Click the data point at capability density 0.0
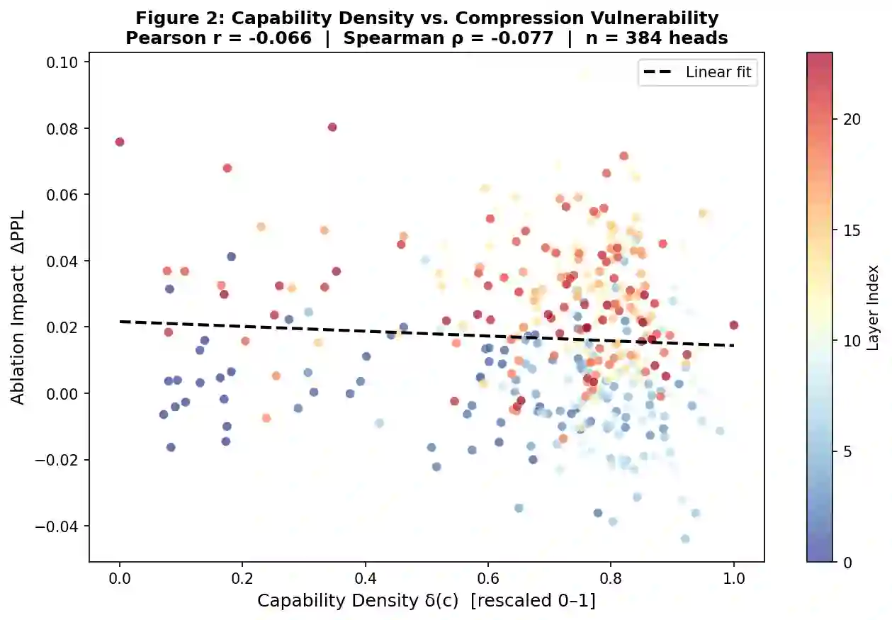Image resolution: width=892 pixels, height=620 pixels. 120,142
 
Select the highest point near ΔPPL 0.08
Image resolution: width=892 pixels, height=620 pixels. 332,128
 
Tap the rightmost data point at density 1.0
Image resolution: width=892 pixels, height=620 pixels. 733,325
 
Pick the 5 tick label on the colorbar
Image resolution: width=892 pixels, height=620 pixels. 848,451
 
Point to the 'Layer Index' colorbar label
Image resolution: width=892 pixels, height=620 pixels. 874,308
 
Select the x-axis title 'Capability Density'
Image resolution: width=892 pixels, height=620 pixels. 426,601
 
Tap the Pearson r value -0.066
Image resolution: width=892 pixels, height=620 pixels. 282,38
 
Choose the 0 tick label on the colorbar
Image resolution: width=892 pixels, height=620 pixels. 848,562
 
